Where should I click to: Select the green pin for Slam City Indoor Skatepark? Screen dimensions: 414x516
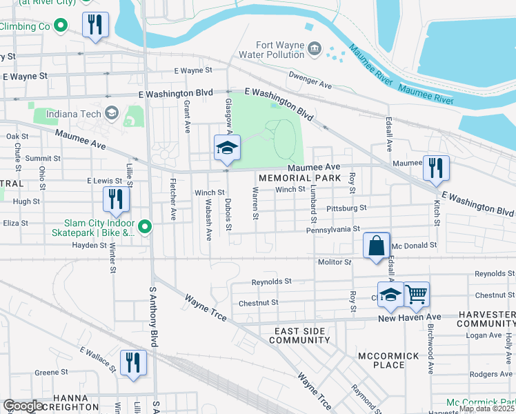[x=144, y=226]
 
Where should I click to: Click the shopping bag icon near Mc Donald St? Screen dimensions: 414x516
[x=376, y=246]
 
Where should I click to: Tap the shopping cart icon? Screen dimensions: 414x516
[x=417, y=295]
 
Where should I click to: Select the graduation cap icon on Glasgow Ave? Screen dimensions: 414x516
[x=226, y=148]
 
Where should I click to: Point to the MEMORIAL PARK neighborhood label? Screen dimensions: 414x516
[x=300, y=178]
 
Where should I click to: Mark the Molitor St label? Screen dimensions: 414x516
[x=335, y=262]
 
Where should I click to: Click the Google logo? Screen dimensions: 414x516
[x=23, y=406]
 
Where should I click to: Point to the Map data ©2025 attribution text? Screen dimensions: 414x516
[x=486, y=408]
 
